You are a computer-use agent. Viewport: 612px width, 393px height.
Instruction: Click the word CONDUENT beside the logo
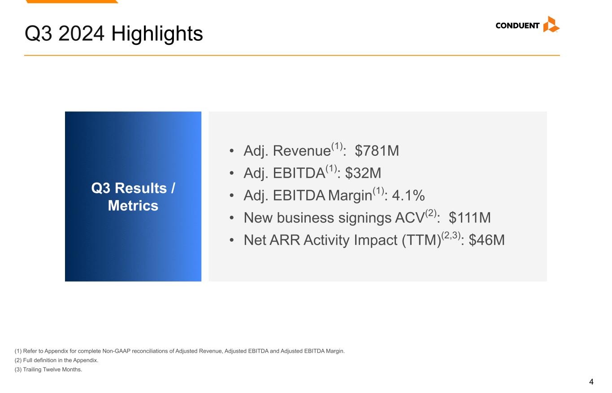click(x=517, y=26)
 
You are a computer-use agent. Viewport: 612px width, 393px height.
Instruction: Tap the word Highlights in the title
click(x=157, y=34)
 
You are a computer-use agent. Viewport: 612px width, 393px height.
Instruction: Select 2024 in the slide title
click(x=81, y=34)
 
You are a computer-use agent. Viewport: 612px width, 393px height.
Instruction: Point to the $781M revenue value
click(x=377, y=150)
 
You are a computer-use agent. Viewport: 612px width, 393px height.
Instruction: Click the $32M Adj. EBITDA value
click(x=363, y=173)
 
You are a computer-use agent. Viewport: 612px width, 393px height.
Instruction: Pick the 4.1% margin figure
click(x=408, y=195)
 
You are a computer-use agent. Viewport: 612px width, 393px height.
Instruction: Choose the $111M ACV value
click(x=470, y=218)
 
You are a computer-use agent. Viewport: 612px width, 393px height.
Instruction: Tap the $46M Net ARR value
click(x=486, y=240)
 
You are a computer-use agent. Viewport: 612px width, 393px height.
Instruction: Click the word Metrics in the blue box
click(x=133, y=205)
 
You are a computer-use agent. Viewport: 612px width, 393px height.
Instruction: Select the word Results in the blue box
click(x=140, y=188)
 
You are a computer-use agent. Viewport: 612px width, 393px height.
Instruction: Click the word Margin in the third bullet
click(x=350, y=196)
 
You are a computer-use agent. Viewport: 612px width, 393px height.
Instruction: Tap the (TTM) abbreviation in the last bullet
click(x=421, y=240)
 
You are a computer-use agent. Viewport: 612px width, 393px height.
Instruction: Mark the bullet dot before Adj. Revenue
click(x=232, y=151)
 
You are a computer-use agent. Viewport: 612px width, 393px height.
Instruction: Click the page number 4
click(x=591, y=381)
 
